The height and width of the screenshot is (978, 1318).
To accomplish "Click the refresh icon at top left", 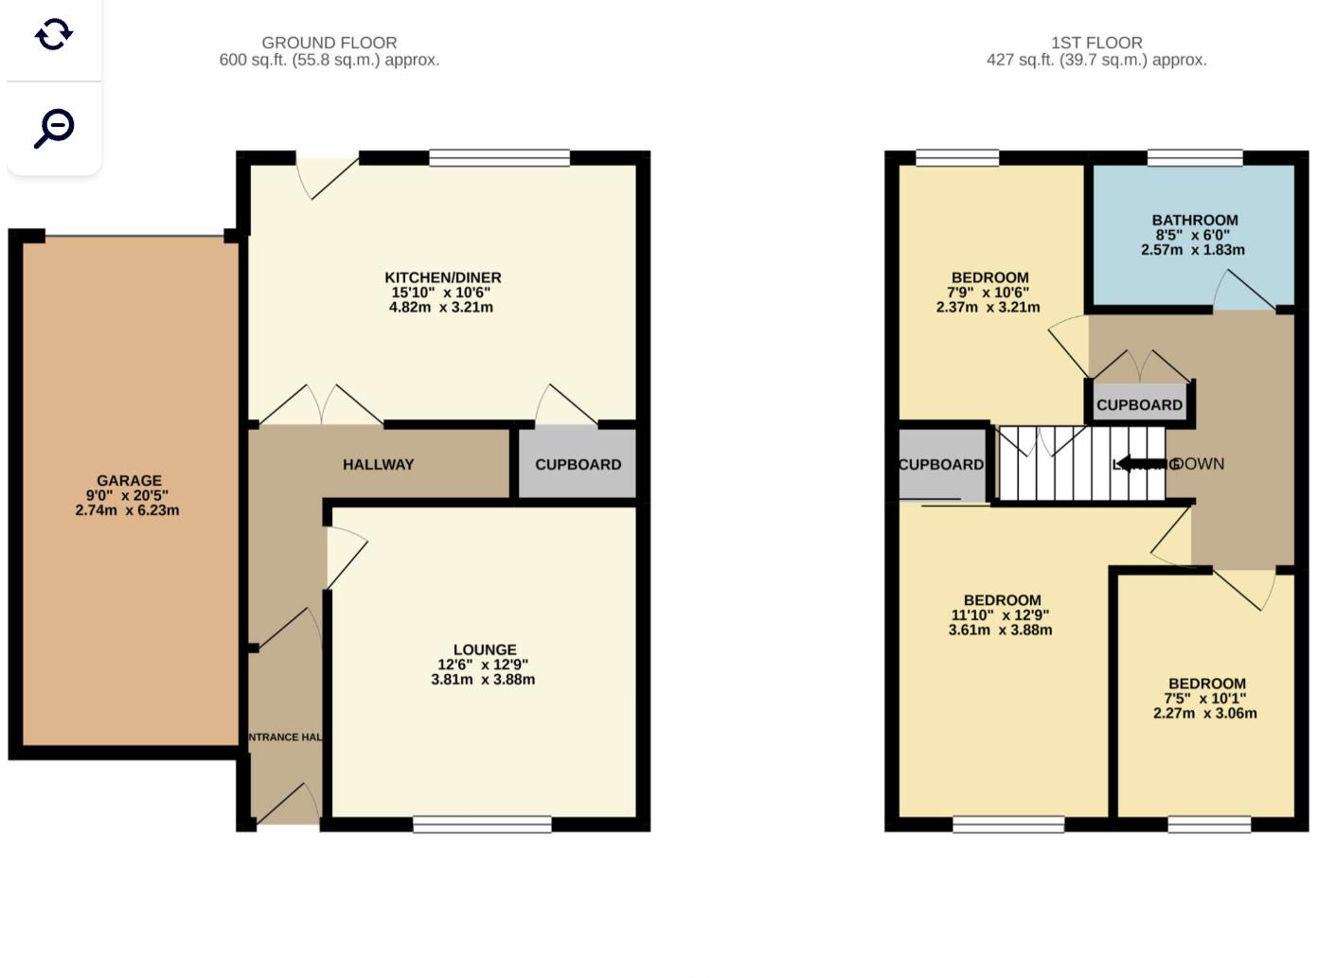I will (x=54, y=34).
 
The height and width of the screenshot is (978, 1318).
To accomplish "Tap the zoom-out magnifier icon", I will (x=54, y=128).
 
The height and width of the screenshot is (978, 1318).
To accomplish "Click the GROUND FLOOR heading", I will (x=329, y=43).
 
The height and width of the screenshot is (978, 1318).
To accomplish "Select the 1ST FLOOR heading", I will (x=1095, y=43).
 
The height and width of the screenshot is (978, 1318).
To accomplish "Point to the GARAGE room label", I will (x=129, y=480).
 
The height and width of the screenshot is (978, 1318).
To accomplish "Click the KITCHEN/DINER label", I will (x=442, y=277).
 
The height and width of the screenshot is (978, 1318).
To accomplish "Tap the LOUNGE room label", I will (x=484, y=649).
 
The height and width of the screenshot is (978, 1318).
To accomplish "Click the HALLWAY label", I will (x=378, y=464).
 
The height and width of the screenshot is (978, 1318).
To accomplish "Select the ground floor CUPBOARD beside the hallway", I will (x=578, y=464).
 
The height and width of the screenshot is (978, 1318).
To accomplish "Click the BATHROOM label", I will (x=1194, y=220).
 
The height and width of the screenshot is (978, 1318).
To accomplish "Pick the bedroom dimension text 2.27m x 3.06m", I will (x=1204, y=714).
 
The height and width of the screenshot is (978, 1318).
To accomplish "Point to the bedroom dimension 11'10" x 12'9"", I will (x=1000, y=615).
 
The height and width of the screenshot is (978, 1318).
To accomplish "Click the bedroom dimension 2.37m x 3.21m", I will (x=988, y=308).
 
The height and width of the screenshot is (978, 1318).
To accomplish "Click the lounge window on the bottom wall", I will (x=482, y=825).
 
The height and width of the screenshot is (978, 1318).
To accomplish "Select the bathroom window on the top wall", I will (x=1195, y=157).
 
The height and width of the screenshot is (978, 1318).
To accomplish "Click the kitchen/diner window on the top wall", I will (x=499, y=157).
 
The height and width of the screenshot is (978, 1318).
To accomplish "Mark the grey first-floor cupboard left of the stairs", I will (x=941, y=463).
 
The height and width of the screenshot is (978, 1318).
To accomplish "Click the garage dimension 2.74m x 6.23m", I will (x=127, y=510).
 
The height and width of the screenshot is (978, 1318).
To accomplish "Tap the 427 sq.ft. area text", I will (x=1095, y=60).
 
